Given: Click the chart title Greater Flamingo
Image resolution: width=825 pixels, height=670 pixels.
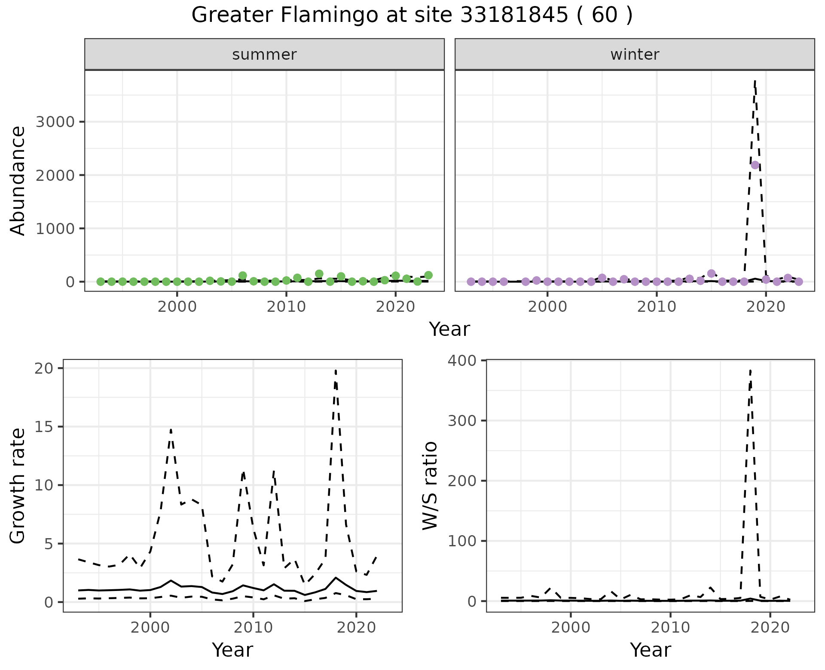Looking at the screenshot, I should tap(412, 15).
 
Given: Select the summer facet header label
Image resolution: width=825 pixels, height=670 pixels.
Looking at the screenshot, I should tap(264, 55).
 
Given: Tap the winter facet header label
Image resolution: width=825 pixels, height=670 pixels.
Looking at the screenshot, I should tap(635, 55).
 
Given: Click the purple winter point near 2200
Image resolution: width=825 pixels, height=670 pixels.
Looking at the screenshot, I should tap(755, 165).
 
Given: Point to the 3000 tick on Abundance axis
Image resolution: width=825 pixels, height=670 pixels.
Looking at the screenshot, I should tap(55, 122).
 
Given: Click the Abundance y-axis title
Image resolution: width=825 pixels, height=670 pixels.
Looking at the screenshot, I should tap(18, 180).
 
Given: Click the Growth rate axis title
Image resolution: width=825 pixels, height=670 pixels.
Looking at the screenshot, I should tap(18, 485).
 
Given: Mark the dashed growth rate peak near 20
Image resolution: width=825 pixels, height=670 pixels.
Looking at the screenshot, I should tap(335, 370).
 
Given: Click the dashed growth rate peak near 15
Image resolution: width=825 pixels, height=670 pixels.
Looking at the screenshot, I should tap(171, 429).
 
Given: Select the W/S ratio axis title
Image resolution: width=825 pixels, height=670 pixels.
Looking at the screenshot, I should tap(430, 485).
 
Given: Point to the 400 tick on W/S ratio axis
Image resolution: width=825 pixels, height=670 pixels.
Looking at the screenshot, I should tap(464, 360).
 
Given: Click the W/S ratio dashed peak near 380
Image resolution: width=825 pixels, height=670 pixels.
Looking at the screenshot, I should tap(750, 370).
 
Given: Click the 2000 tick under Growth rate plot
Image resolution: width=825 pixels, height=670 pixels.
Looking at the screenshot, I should tap(150, 627).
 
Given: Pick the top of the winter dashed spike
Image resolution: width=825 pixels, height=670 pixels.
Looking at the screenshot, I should tap(755, 80).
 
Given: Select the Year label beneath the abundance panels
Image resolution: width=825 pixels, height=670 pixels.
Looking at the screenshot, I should tap(449, 329).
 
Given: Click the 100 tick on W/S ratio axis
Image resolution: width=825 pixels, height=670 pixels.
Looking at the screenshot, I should tap(464, 541).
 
